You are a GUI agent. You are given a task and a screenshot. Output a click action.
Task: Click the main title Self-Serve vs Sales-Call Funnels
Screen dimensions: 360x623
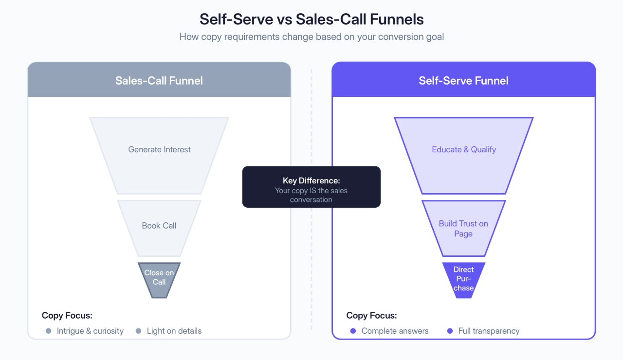click(x=311, y=19)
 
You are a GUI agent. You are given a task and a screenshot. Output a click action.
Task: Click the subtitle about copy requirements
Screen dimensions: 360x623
click(x=311, y=37)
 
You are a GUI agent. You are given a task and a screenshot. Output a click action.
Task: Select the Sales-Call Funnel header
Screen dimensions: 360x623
click(x=159, y=80)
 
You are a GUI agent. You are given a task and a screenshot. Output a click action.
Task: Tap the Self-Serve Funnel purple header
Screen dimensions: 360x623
click(x=463, y=80)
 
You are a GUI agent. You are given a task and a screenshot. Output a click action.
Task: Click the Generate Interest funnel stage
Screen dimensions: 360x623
click(x=159, y=150)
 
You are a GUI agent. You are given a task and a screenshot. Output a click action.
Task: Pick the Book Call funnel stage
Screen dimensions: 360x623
click(x=159, y=226)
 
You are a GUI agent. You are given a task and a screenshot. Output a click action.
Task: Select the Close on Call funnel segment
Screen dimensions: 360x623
click(x=159, y=278)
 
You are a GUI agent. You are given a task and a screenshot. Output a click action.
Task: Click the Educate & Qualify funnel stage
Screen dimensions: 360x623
click(x=463, y=150)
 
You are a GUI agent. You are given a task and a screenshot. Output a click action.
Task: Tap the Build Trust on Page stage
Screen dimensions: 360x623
click(x=463, y=229)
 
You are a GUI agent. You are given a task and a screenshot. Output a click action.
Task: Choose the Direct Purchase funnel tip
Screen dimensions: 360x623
click(x=463, y=279)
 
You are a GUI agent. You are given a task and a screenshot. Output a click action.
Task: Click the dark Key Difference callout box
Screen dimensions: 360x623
click(x=311, y=187)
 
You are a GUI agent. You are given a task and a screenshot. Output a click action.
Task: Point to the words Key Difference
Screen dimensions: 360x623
click(x=311, y=181)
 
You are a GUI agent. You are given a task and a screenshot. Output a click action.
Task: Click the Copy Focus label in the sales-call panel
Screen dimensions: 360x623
click(x=67, y=315)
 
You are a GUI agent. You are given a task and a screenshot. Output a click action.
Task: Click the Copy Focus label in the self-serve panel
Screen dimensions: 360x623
click(x=371, y=315)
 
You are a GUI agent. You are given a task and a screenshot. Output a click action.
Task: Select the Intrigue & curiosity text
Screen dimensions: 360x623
click(x=90, y=331)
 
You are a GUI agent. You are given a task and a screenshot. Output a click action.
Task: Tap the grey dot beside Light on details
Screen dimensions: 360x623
click(x=138, y=331)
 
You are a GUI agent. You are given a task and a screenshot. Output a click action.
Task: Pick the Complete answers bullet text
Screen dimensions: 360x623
click(x=395, y=331)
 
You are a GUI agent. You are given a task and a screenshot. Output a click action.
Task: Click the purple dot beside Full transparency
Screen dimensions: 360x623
click(x=450, y=331)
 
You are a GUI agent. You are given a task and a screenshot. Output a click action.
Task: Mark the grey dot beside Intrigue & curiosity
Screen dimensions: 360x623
click(x=48, y=331)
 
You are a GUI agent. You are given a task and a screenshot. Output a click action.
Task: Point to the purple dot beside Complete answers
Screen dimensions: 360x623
click(x=353, y=331)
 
